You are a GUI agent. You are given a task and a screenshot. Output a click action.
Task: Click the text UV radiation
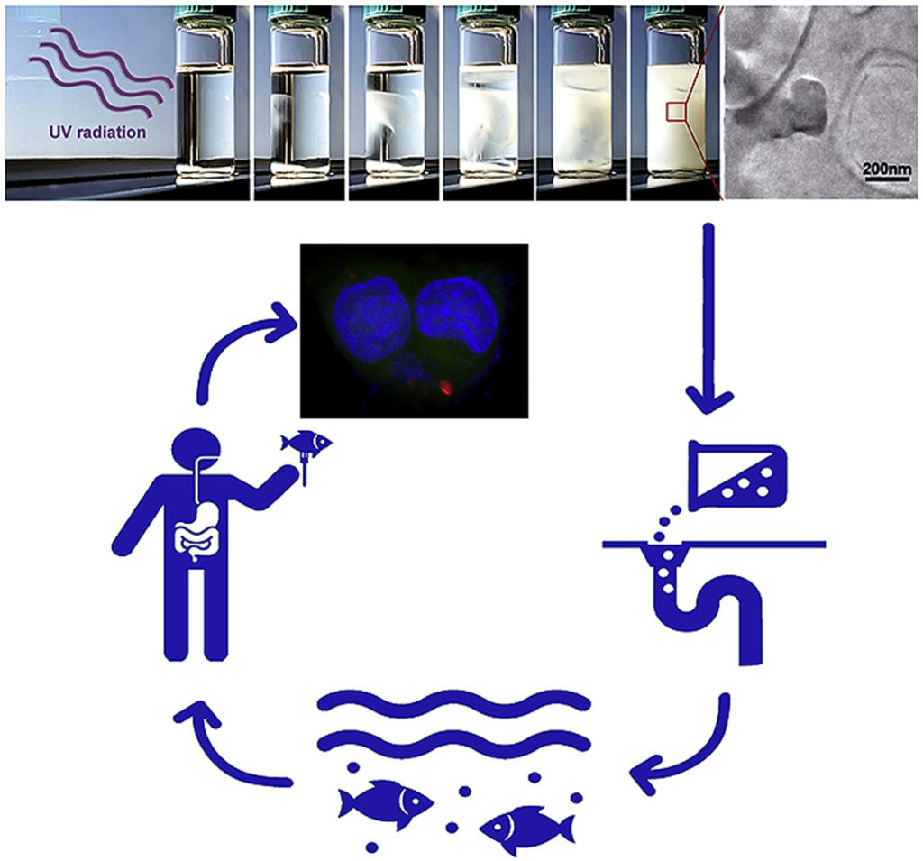[x=97, y=132]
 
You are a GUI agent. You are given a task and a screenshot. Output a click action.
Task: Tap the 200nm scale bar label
[x=887, y=168]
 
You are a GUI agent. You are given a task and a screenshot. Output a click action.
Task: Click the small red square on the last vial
[x=676, y=111]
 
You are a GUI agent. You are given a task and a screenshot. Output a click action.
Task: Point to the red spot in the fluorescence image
[x=445, y=387]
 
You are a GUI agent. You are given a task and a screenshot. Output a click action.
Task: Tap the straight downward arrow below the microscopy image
[x=709, y=318]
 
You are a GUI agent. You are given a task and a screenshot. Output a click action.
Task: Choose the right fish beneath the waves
[x=525, y=829]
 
